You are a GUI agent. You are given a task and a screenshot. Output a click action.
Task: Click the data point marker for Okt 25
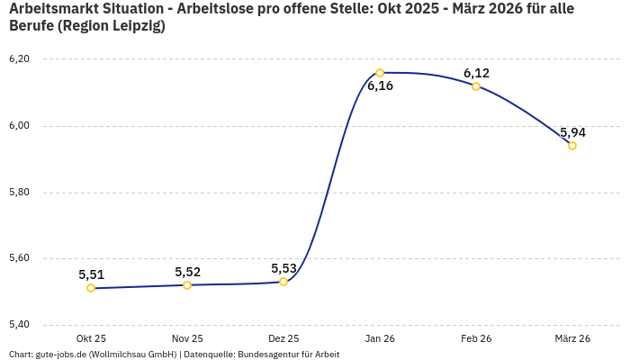(91, 288)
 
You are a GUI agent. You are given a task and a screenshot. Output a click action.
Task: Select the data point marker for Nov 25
(187, 285)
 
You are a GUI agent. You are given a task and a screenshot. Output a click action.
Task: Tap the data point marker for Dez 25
(283, 282)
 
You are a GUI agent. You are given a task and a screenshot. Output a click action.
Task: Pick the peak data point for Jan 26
(380, 73)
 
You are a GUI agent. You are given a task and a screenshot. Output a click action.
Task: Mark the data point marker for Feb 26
(476, 86)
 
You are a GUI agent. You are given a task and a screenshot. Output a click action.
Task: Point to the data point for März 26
(572, 146)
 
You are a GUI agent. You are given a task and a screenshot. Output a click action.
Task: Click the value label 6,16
(380, 86)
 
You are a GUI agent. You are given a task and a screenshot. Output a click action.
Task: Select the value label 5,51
(92, 274)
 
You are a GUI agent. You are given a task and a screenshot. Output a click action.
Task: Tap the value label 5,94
(572, 132)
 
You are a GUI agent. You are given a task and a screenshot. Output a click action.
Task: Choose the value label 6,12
(476, 73)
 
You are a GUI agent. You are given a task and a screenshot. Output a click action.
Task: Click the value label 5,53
(284, 268)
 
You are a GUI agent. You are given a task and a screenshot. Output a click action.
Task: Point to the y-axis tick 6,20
(19, 59)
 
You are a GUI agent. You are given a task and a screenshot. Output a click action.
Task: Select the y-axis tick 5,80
(19, 193)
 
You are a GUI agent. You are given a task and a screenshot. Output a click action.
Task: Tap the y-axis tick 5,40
(19, 325)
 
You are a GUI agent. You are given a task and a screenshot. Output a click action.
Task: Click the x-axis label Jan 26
(380, 338)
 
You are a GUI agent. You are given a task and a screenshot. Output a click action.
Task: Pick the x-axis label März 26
(572, 338)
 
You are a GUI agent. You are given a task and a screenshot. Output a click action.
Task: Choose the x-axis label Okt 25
(91, 338)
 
